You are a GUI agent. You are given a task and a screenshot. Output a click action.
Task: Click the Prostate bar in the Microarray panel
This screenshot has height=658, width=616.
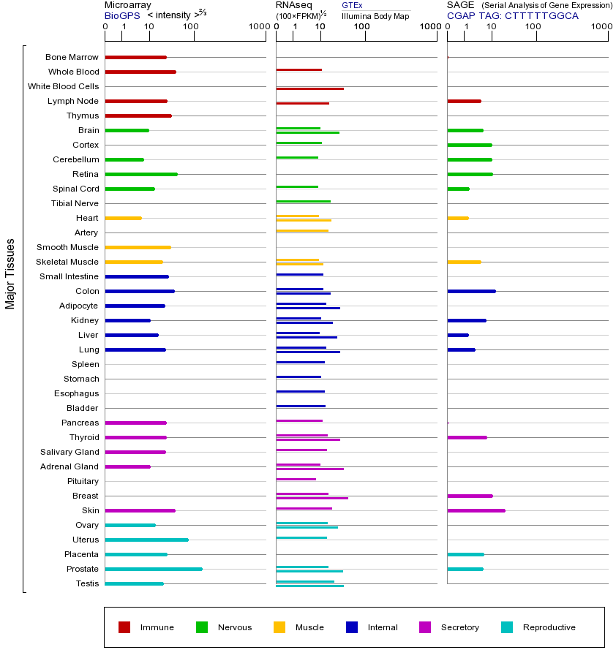coord(154,569)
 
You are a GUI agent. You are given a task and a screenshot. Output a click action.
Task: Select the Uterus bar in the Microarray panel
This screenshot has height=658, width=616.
coord(146,540)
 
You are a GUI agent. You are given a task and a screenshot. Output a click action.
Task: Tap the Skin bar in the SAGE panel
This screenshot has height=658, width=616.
coord(476,510)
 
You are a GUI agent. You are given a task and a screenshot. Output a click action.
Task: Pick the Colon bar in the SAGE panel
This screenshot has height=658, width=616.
coord(471,291)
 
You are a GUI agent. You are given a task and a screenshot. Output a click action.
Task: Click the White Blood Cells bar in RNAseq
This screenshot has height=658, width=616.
coord(309,88)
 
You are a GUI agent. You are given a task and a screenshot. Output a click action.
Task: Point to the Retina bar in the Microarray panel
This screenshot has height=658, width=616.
coord(141,174)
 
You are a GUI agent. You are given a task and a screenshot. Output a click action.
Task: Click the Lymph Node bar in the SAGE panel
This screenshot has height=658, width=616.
coord(464,101)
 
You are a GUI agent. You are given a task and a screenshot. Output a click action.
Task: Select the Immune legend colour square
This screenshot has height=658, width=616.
coord(124,627)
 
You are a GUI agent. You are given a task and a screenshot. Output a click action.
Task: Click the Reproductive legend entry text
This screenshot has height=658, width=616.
coord(549,627)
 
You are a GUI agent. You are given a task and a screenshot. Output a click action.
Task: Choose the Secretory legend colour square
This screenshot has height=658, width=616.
coord(425,627)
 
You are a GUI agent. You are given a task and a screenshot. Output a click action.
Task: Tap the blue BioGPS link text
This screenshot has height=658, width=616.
coord(121,15)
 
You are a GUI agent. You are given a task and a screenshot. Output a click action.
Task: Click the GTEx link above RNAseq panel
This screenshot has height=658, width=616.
coord(352,5)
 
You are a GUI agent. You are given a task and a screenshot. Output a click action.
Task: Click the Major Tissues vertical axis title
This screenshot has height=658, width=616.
coord(10,273)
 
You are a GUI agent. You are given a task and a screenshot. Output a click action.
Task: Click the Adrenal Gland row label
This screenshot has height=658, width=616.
coord(71,466)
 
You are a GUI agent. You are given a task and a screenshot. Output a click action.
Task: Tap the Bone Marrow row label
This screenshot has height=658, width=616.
coord(72,57)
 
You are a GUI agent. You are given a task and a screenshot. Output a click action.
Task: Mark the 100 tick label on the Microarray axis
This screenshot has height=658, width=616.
coord(191,27)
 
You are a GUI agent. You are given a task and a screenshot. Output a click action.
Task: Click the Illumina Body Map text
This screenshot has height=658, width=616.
coord(375,15)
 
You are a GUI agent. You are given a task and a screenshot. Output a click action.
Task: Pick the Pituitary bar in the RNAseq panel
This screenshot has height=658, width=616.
coord(296,479)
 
